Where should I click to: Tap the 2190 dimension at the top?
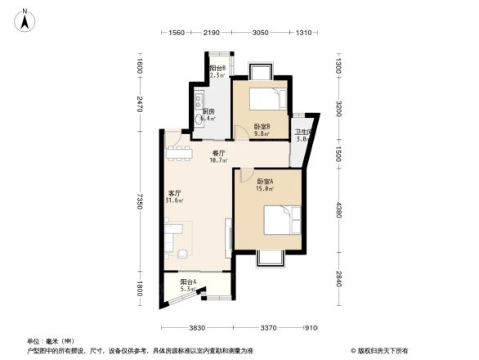tap(212, 32)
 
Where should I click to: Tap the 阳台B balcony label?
tap(217, 69)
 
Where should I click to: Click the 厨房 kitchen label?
tap(208, 112)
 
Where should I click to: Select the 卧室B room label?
tap(262, 127)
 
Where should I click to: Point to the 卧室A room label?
tap(265, 182)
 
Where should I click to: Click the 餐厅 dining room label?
tap(218, 153)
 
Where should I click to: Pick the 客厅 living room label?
tap(174, 193)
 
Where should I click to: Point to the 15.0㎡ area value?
tap(265, 189)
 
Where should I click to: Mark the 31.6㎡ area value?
tap(174, 200)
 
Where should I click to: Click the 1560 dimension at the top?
tap(176, 32)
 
